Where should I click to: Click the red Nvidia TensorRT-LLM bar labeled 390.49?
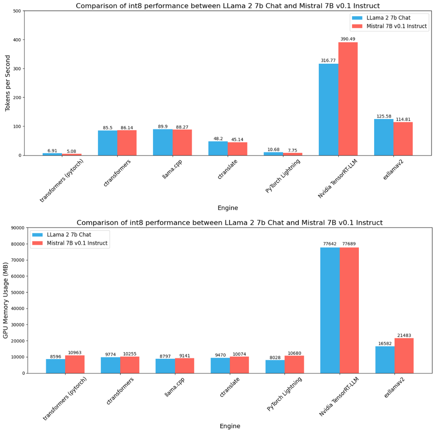(x=348, y=99)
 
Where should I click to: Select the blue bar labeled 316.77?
(x=328, y=109)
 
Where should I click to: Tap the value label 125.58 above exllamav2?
(x=384, y=116)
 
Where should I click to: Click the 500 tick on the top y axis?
(x=17, y=11)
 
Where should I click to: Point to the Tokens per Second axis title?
(x=7, y=83)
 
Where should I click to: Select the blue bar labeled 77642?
(x=330, y=310)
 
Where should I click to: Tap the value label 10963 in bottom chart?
(x=75, y=353)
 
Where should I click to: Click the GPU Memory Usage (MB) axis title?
(x=6, y=301)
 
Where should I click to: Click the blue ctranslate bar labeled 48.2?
(x=218, y=148)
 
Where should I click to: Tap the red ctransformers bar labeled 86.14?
(x=127, y=143)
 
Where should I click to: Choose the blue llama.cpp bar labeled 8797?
(x=165, y=366)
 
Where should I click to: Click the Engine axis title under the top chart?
(x=228, y=208)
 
